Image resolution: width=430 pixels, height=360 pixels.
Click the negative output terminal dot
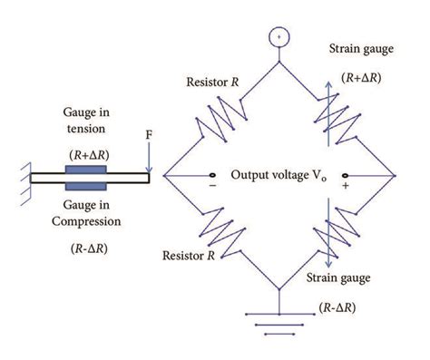214,175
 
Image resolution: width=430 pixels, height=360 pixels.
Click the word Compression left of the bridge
89,220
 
